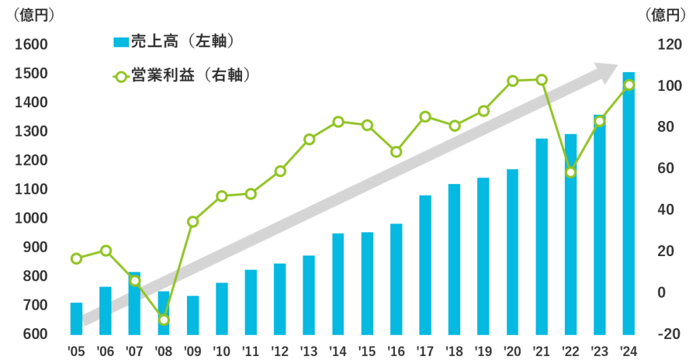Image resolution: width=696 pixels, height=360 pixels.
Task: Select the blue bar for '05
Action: pos(76,319)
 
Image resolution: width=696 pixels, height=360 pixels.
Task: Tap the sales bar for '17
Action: pos(425,265)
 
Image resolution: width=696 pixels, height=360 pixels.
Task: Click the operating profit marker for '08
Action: pos(164,320)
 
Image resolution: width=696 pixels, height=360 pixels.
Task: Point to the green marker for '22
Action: pos(571,172)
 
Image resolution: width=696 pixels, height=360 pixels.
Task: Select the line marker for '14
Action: pos(338,122)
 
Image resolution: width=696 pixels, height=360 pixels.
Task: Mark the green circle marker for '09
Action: pos(193,221)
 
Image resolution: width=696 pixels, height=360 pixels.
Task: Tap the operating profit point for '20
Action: pos(513,81)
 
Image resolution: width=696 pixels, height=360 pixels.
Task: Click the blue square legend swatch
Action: pos(121,43)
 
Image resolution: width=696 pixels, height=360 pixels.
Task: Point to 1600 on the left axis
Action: pos(29,45)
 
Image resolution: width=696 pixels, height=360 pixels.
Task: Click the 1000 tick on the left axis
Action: pos(29,219)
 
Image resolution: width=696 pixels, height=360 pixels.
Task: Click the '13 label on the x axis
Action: pos(309,351)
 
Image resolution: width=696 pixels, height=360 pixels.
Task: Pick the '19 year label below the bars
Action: pos(483,351)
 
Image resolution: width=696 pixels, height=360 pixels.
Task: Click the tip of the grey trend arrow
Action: pos(615,67)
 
